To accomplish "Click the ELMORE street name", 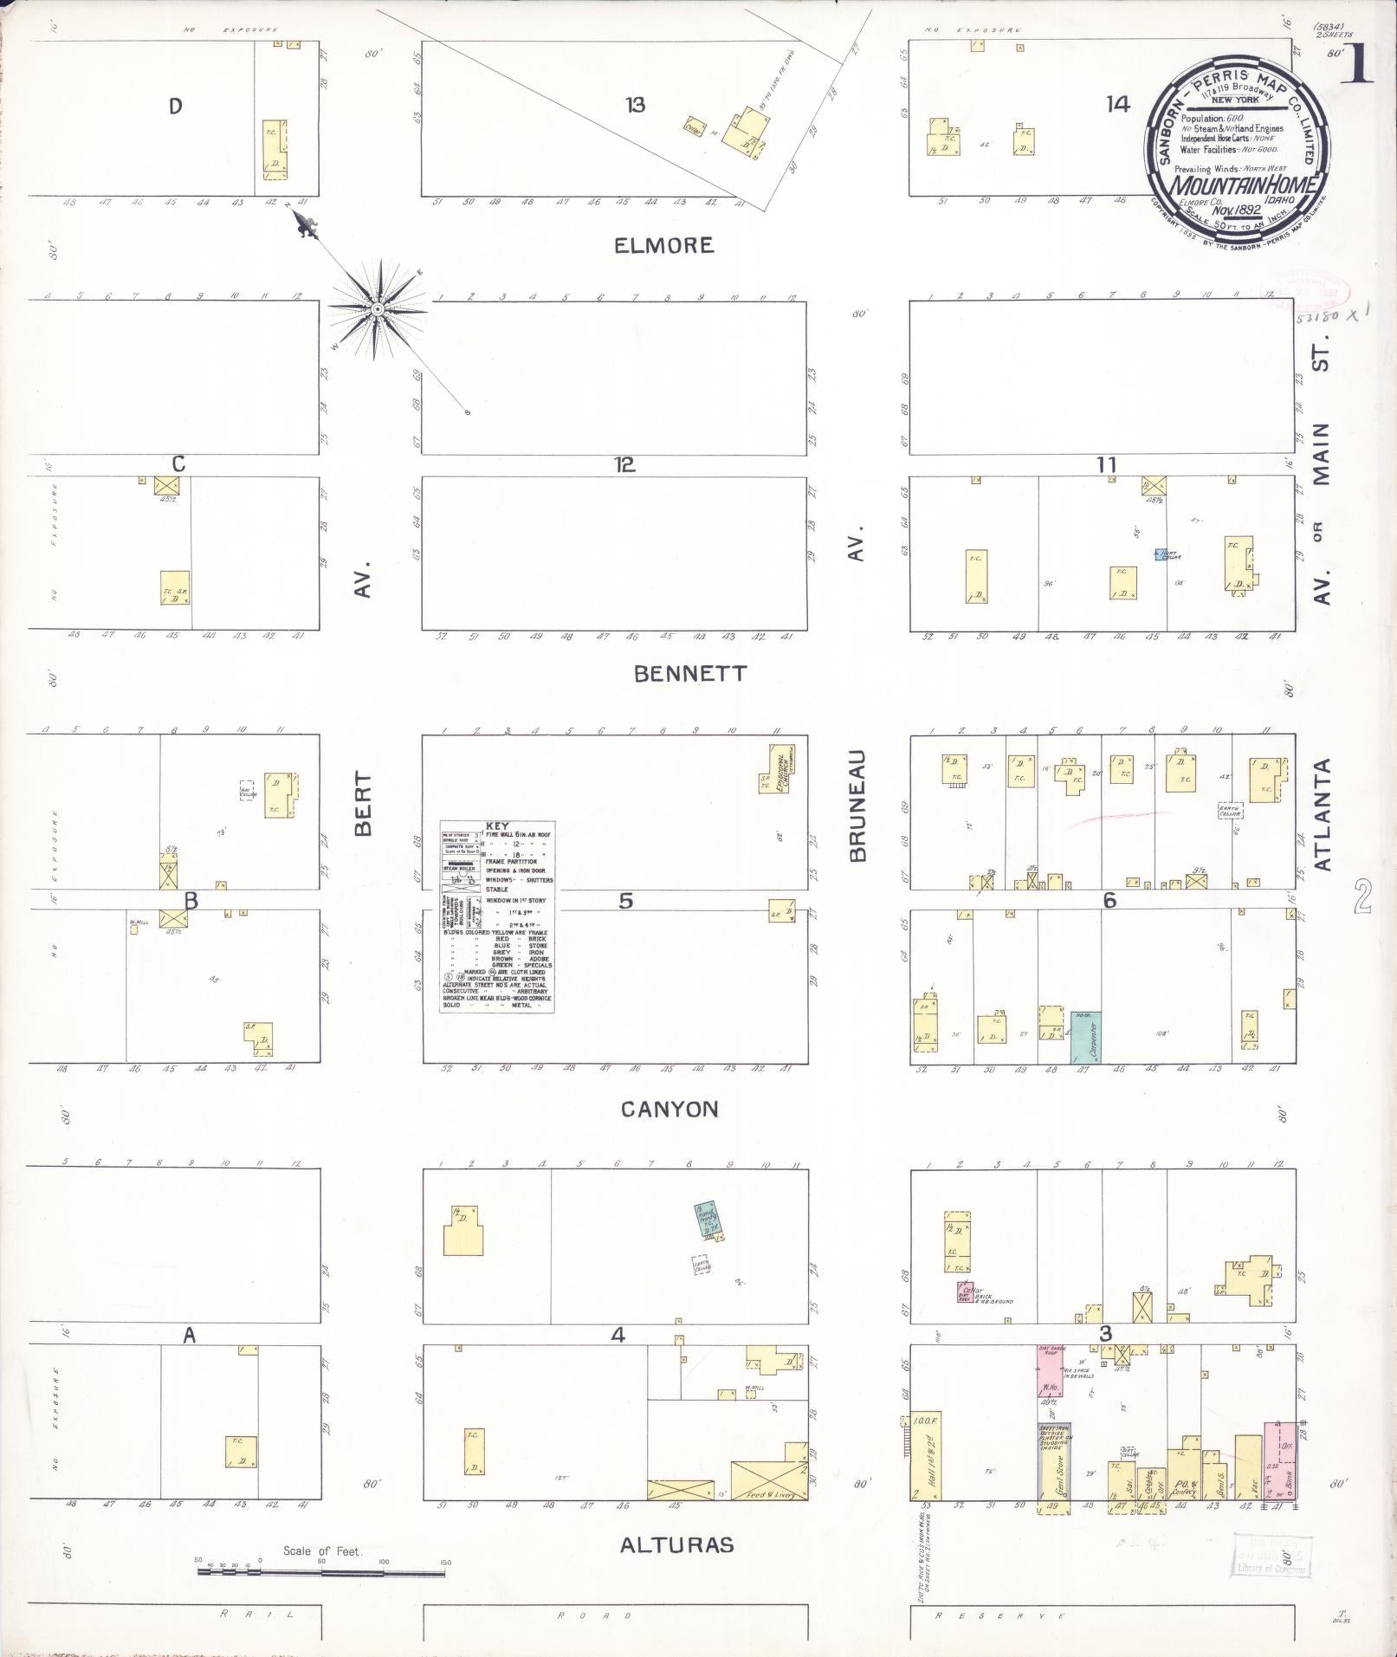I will (x=664, y=246).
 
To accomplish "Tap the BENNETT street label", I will (x=689, y=674).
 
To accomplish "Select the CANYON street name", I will (x=669, y=1110).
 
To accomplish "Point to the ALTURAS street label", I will (x=676, y=1544).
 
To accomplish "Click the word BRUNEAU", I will (x=857, y=806).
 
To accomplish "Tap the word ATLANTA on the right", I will (x=1322, y=814).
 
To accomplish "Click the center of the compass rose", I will (x=378, y=309).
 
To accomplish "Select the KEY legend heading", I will (x=497, y=827).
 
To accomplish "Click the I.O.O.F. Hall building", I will (x=925, y=1455).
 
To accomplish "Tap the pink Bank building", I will (x=1280, y=1460).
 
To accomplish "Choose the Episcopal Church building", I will (x=781, y=767).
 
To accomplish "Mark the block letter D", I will (x=176, y=107).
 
